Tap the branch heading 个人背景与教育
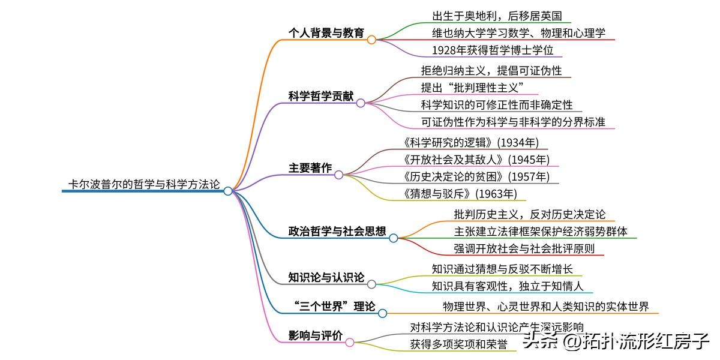click(x=326, y=33)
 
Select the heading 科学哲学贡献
click(x=321, y=96)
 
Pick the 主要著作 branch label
click(x=310, y=168)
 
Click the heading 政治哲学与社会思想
click(x=337, y=231)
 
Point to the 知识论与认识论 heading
click(x=326, y=277)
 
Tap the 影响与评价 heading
click(x=316, y=335)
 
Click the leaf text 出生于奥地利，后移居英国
click(x=497, y=16)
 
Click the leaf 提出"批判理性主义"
click(x=473, y=88)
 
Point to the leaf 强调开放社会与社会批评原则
click(x=524, y=248)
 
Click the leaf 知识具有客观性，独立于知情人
click(x=508, y=286)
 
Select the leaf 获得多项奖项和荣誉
click(x=459, y=344)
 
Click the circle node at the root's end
click(x=228, y=191)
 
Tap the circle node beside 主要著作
click(x=338, y=175)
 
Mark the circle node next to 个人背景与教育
click(x=371, y=40)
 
